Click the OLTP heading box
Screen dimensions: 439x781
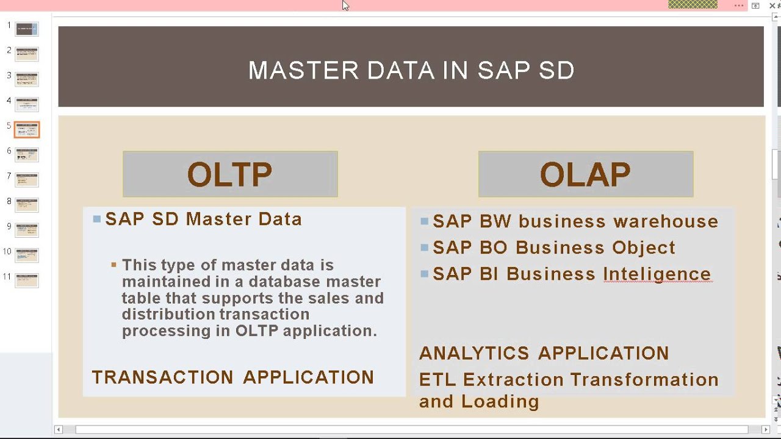pyautogui.click(x=230, y=174)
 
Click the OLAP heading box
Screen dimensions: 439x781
pyautogui.click(x=585, y=174)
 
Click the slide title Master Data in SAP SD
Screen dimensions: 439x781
pyautogui.click(x=411, y=70)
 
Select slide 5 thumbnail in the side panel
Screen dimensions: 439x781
pyautogui.click(x=27, y=129)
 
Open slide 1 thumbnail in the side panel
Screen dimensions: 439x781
pyautogui.click(x=27, y=29)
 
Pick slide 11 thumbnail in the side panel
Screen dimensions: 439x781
pyautogui.click(x=27, y=280)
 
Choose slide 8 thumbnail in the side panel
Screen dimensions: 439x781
pyautogui.click(x=27, y=205)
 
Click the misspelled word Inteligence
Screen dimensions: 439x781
pyautogui.click(x=657, y=274)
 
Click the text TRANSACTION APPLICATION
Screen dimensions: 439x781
pyautogui.click(x=232, y=377)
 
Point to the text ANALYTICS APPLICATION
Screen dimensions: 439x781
pyautogui.click(x=544, y=353)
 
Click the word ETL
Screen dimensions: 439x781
pyautogui.click(x=437, y=380)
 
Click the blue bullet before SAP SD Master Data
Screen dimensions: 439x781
pyautogui.click(x=97, y=219)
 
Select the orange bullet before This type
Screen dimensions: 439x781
pyautogui.click(x=113, y=265)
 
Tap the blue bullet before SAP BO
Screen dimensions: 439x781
pyautogui.click(x=425, y=248)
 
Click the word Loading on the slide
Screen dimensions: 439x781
pyautogui.click(x=500, y=402)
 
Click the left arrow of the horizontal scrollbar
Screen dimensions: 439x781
pyautogui.click(x=59, y=430)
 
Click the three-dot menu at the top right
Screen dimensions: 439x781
pyautogui.click(x=739, y=5)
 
